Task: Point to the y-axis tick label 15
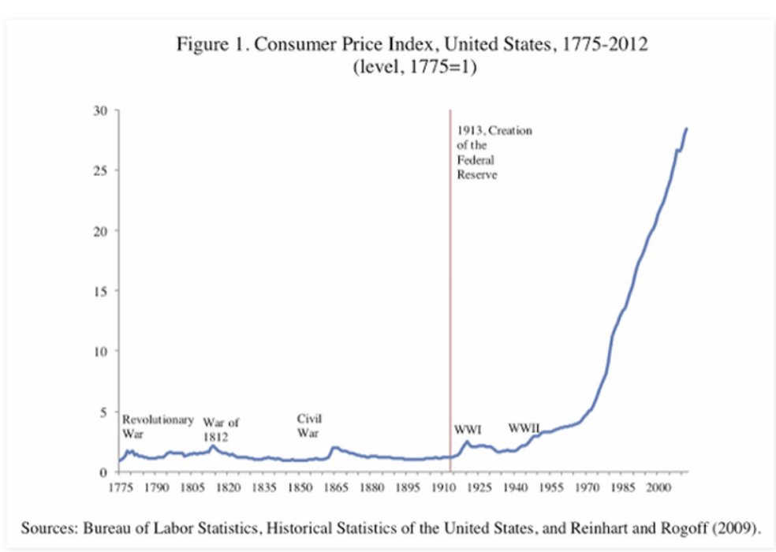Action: [x=102, y=291]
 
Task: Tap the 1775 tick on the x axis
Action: [x=119, y=488]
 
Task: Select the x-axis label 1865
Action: [x=335, y=488]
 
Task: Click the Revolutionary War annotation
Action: [x=157, y=426]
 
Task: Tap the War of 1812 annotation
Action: [x=221, y=429]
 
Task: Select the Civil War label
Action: [x=309, y=425]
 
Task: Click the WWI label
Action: [x=468, y=430]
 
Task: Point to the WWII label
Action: [x=524, y=428]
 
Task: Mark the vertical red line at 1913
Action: [x=450, y=276]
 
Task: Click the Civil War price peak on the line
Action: [x=334, y=448]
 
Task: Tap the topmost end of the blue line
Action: [x=687, y=128]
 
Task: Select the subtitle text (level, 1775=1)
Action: [x=416, y=67]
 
